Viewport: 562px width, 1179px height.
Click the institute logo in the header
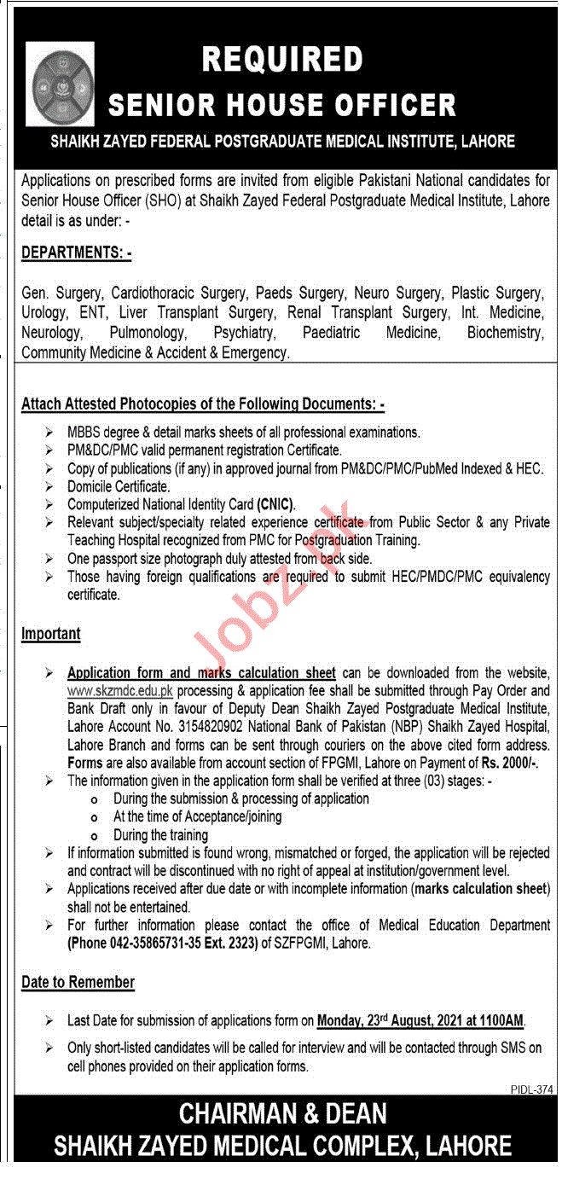coord(60,84)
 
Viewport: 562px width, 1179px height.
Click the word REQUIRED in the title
coord(281,59)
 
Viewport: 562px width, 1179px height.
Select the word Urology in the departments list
coord(43,313)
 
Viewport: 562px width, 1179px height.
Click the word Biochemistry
coord(504,333)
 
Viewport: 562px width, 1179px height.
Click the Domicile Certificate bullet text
coord(119,486)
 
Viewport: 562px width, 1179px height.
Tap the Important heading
coord(51,634)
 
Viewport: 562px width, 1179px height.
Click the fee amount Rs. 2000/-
coord(509,762)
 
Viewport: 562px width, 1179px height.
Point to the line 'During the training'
coord(160,835)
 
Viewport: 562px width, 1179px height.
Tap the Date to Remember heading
coord(78,983)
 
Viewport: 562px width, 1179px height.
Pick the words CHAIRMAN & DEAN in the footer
coord(282,1113)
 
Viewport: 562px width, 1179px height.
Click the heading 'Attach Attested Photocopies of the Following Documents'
coord(203,404)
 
